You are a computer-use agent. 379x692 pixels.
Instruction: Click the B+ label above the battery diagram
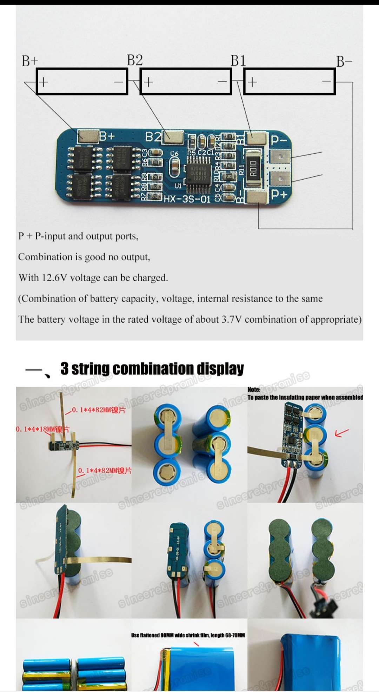29,61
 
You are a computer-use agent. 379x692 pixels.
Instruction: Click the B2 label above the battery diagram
135,60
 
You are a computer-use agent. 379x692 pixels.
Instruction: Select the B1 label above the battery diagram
238,61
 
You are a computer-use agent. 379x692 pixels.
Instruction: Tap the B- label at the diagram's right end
344,61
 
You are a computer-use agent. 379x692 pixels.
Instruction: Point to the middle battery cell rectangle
186,82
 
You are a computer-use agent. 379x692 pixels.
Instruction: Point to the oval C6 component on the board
174,167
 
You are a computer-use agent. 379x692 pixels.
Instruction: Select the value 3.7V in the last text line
231,320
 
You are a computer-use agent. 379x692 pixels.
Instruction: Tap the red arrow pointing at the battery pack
341,433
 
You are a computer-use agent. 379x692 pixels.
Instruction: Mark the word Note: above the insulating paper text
254,390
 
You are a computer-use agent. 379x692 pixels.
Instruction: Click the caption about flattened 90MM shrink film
188,635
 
